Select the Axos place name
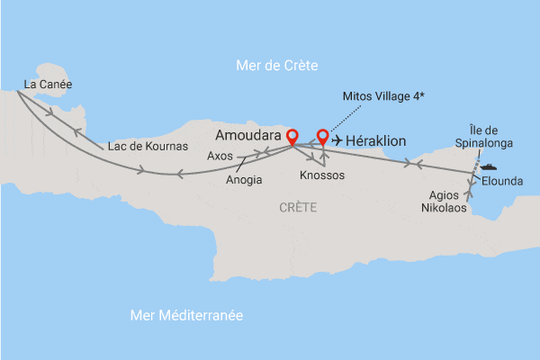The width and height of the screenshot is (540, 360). tap(220, 155)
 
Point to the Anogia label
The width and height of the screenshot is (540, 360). tap(245, 179)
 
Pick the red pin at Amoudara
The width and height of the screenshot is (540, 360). tap(292, 136)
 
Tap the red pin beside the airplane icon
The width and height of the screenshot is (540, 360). tap(322, 137)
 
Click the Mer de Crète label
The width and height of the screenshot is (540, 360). tap(276, 65)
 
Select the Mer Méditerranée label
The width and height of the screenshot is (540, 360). tap(187, 315)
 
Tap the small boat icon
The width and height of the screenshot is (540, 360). tap(489, 166)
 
